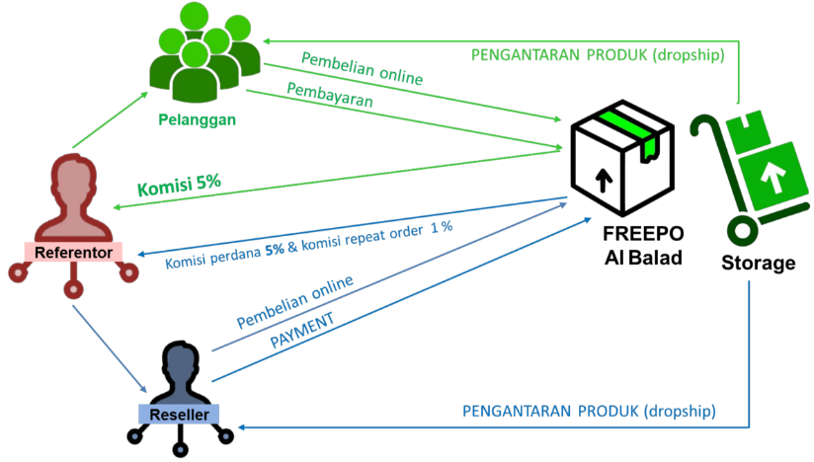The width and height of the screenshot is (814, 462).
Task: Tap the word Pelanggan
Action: click(x=197, y=120)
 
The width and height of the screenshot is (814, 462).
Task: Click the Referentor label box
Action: click(x=72, y=253)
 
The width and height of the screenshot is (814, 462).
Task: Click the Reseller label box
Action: click(x=179, y=415)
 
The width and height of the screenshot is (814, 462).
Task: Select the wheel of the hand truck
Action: click(x=742, y=231)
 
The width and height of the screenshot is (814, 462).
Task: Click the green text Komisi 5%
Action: click(x=179, y=186)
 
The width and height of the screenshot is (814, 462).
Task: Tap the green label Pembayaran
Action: click(x=330, y=96)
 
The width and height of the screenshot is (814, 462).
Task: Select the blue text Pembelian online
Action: click(x=294, y=302)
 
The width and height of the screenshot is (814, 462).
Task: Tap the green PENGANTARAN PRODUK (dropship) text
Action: click(x=596, y=53)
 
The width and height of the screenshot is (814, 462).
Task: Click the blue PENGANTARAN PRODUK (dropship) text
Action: click(x=589, y=411)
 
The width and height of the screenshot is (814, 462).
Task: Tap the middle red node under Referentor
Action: click(x=72, y=288)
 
